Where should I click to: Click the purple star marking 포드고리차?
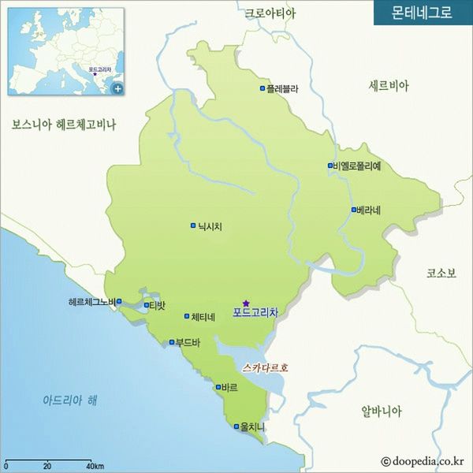click(246, 303)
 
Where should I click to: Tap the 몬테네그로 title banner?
click(423, 13)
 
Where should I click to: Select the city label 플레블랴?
click(283, 89)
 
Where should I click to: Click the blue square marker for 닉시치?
click(193, 226)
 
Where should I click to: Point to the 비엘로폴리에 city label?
click(357, 166)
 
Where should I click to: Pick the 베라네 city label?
click(369, 210)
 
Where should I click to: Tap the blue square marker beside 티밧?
click(147, 305)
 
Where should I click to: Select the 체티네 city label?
click(203, 317)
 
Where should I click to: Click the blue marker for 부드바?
click(172, 342)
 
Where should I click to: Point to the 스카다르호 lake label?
click(266, 367)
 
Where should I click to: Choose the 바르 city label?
click(230, 388)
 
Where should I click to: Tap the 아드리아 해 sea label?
click(69, 400)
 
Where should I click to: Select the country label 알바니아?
click(382, 411)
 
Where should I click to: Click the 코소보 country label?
click(441, 273)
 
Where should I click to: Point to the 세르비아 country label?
click(389, 86)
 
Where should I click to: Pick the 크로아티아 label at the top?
click(270, 13)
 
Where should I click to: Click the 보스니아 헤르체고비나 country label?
click(64, 124)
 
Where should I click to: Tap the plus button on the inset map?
click(117, 88)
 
